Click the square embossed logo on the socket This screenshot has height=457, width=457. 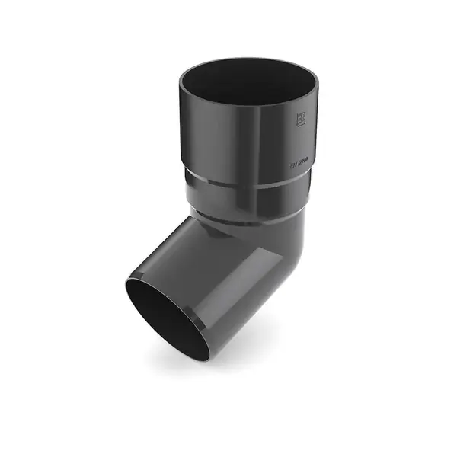click(x=300, y=119)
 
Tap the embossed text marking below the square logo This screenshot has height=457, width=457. click(x=299, y=161)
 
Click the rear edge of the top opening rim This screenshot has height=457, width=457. click(x=248, y=59)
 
